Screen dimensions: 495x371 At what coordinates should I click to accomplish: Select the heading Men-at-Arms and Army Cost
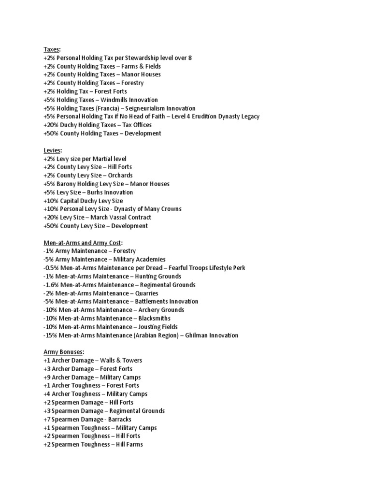pos(82,243)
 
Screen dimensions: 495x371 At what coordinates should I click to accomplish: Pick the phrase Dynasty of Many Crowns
pos(148,209)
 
